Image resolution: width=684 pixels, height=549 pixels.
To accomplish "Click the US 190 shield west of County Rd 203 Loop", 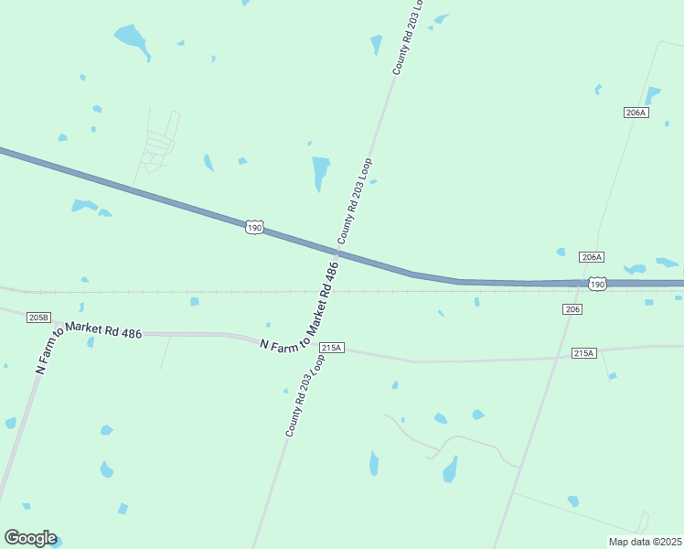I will coord(254,227).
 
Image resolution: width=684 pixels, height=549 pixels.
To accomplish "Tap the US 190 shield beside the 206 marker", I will coord(597,285).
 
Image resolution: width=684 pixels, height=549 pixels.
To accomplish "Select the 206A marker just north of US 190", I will coord(592,257).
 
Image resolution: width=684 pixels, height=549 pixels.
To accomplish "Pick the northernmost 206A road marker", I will coord(636,113).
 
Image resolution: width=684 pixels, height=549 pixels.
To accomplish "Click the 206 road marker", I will coord(572,309).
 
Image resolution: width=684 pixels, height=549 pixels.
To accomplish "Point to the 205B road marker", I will coord(37,318).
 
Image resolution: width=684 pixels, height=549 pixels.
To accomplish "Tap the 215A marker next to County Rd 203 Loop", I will coord(331,348).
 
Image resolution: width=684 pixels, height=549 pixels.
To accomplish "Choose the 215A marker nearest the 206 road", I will coord(583,353).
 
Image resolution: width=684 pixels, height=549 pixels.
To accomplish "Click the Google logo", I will coord(30,538).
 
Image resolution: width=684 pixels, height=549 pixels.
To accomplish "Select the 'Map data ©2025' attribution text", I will coord(644,542).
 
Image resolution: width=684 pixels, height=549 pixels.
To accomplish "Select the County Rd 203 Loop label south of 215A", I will coord(305,395).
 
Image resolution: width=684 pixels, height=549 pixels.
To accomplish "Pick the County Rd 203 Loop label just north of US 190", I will coord(356,200).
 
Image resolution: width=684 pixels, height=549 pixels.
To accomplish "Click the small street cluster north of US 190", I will coord(159,143).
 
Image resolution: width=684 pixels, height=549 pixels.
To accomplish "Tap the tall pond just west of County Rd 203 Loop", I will coord(320,171).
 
